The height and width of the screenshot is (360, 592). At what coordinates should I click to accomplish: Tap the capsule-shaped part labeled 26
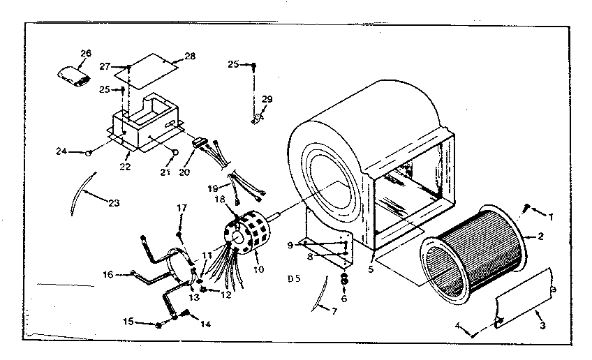coord(75,75)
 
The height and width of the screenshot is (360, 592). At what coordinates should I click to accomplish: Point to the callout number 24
coord(62,151)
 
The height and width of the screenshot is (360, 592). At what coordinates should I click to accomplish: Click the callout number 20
coord(184,172)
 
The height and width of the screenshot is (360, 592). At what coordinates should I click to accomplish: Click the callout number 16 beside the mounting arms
coord(108,275)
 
